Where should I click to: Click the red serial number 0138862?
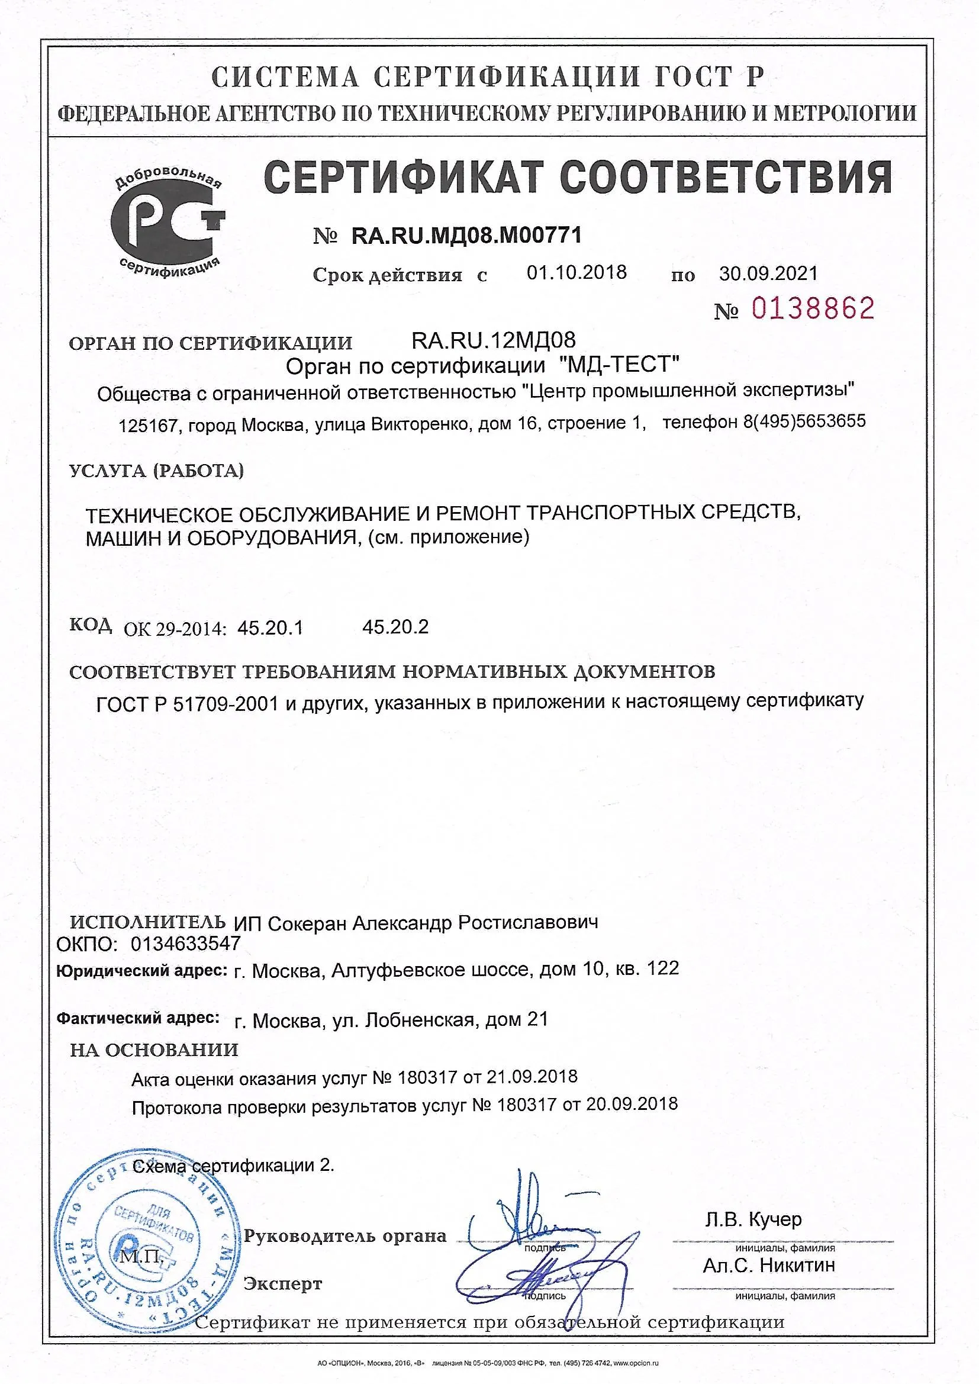click(x=813, y=308)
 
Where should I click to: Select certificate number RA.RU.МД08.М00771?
click(x=466, y=235)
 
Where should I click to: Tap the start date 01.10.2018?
click(x=577, y=272)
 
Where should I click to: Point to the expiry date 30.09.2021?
click(x=768, y=273)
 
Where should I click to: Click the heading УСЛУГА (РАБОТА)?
click(x=157, y=471)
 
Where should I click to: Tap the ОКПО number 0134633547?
click(x=186, y=944)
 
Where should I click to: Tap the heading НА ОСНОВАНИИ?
click(x=154, y=1050)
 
